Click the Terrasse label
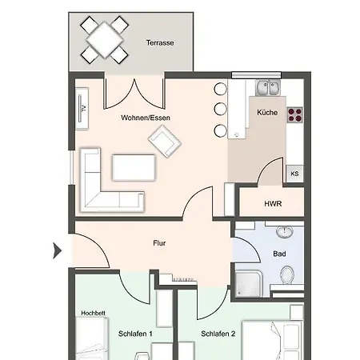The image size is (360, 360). pyautogui.click(x=160, y=42)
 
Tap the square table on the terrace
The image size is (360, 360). pyautogui.click(x=105, y=40)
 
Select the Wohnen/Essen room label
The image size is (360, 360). pyautogui.click(x=146, y=118)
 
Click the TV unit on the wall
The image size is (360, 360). pyautogui.click(x=82, y=109)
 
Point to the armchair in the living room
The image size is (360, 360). pyautogui.click(x=165, y=142)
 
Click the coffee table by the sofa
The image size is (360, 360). pyautogui.click(x=134, y=167)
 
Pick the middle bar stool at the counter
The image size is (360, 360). pyautogui.click(x=221, y=109)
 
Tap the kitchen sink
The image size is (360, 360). pyautogui.click(x=268, y=87)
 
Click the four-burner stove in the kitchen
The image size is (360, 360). pyautogui.click(x=295, y=115)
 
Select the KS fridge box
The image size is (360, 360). pyautogui.click(x=294, y=174)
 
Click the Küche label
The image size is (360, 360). pyautogui.click(x=267, y=113)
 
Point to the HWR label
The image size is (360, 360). pyautogui.click(x=273, y=204)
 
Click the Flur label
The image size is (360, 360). pyautogui.click(x=159, y=243)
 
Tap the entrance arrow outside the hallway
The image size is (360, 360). pyautogui.click(x=58, y=250)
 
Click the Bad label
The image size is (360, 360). pyautogui.click(x=279, y=254)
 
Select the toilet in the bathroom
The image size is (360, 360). pyautogui.click(x=287, y=274)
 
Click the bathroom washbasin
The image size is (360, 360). pyautogui.click(x=285, y=232)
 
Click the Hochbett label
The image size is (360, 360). pyautogui.click(x=93, y=313)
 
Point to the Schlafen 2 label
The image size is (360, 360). pyautogui.click(x=218, y=334)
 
